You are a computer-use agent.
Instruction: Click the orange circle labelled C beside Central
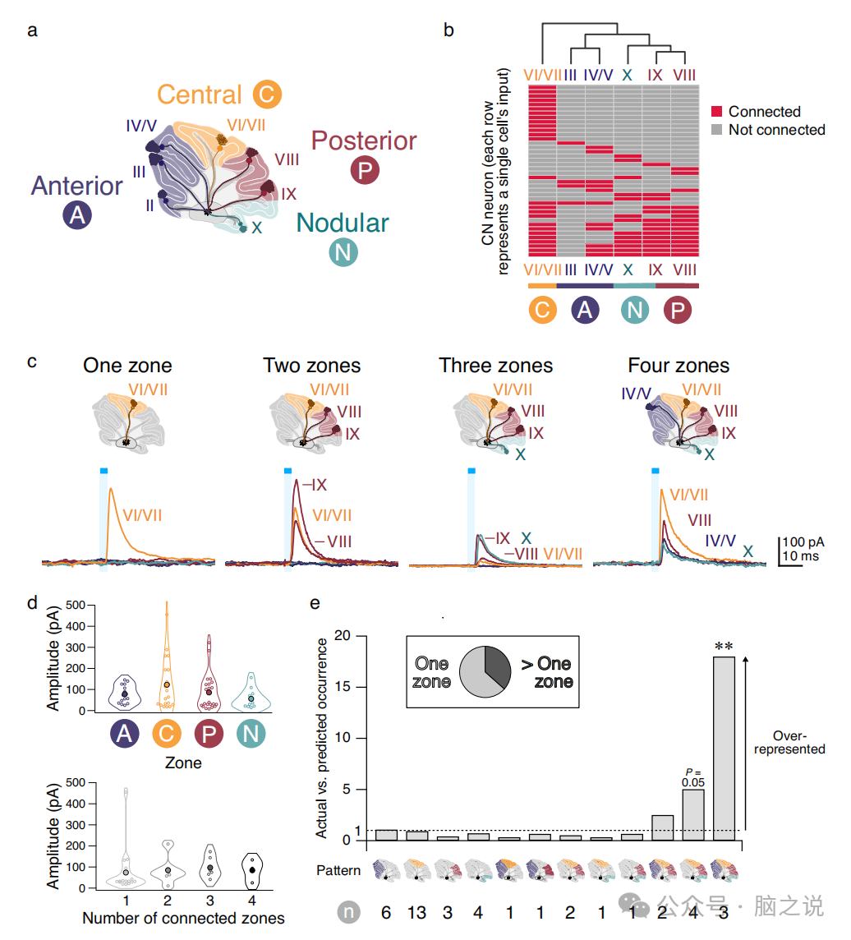point(267,94)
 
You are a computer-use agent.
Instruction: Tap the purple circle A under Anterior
point(76,216)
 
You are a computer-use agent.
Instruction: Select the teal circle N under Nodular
point(343,252)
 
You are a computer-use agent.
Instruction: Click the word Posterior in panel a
point(364,141)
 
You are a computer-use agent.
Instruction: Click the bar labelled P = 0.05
point(693,813)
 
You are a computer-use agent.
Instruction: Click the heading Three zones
point(495,365)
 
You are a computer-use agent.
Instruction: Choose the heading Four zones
point(678,365)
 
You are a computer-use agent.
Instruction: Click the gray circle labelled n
point(349,911)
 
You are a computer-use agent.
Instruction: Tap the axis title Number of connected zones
point(183,917)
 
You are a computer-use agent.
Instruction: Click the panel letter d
point(33,603)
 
